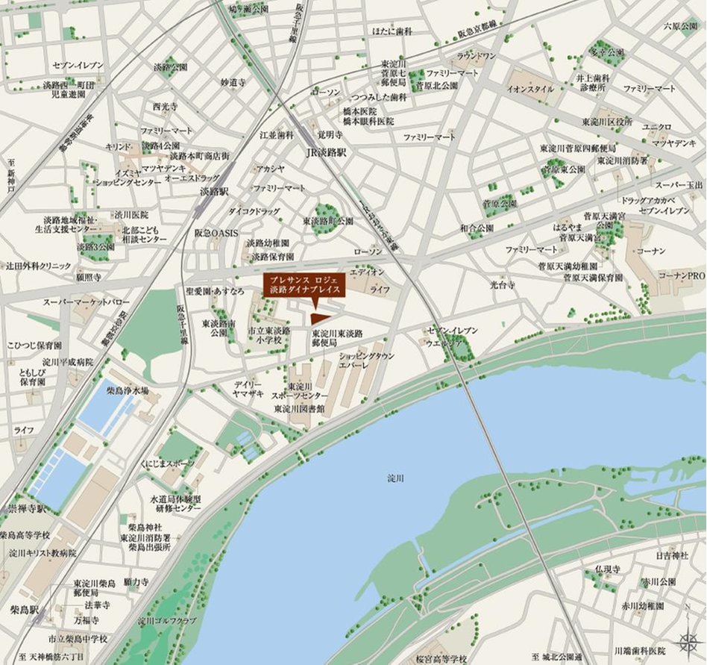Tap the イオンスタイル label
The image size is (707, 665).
click(x=530, y=89)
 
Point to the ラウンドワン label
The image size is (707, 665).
click(x=476, y=56)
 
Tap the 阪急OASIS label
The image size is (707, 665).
click(x=216, y=234)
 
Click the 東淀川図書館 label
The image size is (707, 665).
click(x=300, y=409)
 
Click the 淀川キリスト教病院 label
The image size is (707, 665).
click(x=43, y=553)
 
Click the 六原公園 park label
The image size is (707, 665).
click(x=679, y=26)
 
